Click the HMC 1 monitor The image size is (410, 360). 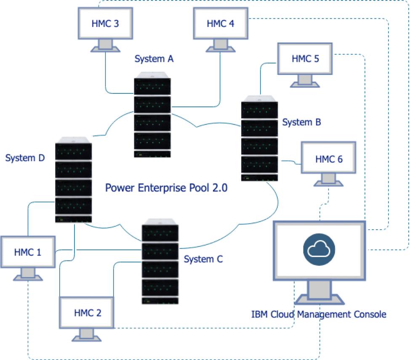(28, 252)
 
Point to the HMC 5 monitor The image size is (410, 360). (305, 58)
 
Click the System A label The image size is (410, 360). (154, 59)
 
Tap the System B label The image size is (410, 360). (301, 122)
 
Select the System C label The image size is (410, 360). (203, 259)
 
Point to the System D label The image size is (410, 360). (25, 158)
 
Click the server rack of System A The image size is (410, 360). (152, 118)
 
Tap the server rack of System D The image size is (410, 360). (73, 181)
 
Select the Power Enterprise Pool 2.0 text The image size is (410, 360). (166, 188)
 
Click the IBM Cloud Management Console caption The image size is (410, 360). (319, 314)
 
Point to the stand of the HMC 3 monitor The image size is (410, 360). (105, 45)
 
